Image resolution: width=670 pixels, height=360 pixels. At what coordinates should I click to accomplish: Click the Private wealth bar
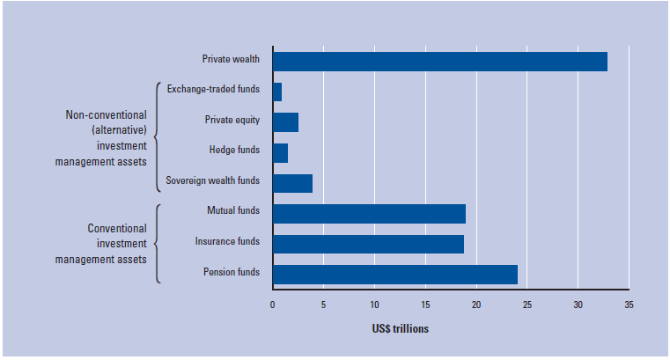click(439, 62)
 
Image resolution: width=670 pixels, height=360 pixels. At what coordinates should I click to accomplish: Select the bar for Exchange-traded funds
click(277, 92)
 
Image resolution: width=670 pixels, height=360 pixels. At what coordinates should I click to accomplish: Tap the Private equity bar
click(285, 122)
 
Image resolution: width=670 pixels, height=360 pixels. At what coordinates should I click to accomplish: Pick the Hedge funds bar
click(280, 152)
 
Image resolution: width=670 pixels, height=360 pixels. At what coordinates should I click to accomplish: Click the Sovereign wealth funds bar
click(292, 183)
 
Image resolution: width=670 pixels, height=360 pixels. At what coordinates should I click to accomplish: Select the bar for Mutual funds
click(369, 213)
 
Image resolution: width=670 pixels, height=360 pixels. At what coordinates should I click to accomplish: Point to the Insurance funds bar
click(368, 244)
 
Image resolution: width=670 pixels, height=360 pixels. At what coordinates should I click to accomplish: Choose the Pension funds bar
click(394, 274)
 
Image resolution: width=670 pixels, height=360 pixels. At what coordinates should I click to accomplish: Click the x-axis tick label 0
click(273, 305)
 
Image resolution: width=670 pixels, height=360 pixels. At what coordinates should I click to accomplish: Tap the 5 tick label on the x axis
click(323, 305)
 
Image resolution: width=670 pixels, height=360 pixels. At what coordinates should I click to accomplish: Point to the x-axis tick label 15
click(425, 305)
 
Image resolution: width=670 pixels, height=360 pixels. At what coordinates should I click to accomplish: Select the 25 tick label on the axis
click(527, 305)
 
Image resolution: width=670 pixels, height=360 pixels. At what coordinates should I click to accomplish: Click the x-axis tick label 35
click(629, 305)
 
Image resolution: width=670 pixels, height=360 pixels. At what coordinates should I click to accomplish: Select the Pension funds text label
click(231, 274)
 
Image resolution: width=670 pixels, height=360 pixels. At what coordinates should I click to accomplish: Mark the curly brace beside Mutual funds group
click(158, 244)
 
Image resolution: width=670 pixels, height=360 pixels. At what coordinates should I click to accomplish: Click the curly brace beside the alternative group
click(158, 137)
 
